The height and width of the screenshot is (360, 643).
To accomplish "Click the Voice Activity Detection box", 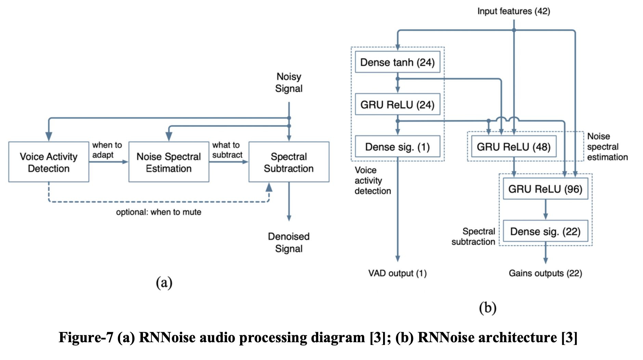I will click(x=49, y=162).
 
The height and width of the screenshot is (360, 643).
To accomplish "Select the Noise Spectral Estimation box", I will click(x=169, y=162).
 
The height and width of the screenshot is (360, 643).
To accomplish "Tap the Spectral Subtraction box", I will click(x=289, y=162).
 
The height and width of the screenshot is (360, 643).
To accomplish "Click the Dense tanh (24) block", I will click(x=397, y=62).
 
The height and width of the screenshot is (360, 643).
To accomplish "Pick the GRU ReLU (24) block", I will click(x=397, y=104).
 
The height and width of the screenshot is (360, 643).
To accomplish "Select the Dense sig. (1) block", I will click(x=397, y=147).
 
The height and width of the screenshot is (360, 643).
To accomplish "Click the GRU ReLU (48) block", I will click(x=513, y=147).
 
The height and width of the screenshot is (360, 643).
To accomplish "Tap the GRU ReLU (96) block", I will click(x=545, y=189).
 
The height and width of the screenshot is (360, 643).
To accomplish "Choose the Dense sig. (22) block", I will click(x=545, y=231).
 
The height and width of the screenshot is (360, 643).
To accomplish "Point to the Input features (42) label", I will click(x=513, y=11).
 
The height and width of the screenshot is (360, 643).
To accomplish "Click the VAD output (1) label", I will click(x=397, y=273).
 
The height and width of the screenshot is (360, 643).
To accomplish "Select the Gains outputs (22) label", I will click(x=545, y=273).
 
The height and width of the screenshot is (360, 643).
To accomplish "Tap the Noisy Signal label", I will click(x=289, y=82).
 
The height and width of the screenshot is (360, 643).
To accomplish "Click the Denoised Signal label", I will click(x=289, y=242).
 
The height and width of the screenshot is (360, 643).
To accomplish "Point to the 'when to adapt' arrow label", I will click(x=107, y=150).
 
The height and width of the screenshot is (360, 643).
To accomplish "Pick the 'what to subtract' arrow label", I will click(x=227, y=150).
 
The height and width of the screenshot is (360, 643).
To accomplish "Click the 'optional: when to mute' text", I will click(x=158, y=212).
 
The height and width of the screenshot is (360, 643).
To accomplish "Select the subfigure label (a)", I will click(x=164, y=283).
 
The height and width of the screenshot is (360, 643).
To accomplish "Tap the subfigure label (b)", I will click(x=487, y=308).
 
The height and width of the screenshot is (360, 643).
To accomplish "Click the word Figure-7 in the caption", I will click(x=86, y=337).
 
